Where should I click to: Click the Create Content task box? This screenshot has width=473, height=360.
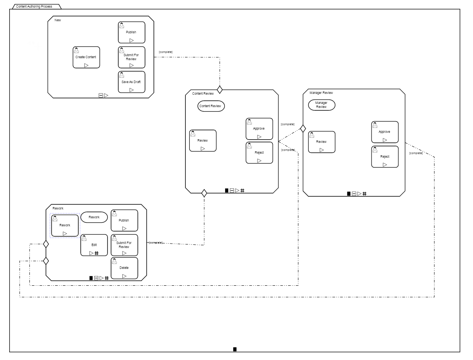click(86, 57)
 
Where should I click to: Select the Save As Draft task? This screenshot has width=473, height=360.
click(131, 82)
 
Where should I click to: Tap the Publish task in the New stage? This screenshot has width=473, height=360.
click(131, 33)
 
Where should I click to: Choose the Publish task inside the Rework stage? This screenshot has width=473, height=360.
click(124, 220)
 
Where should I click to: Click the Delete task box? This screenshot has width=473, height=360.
click(124, 268)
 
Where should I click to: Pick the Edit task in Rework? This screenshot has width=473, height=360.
click(94, 245)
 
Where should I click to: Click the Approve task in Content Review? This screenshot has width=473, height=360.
click(259, 129)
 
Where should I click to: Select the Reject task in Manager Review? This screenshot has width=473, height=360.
click(385, 157)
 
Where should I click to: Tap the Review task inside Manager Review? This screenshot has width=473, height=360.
click(321, 142)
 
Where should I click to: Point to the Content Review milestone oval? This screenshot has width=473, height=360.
click(211, 106)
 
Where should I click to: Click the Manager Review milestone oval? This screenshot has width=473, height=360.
click(321, 105)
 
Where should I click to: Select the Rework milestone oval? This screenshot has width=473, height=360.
click(94, 217)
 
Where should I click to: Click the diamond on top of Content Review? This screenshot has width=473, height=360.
click(219, 89)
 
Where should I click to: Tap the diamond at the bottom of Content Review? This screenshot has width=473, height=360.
click(204, 193)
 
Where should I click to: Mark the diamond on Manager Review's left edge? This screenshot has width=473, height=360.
click(303, 128)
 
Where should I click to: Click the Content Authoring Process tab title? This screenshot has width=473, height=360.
click(34, 6)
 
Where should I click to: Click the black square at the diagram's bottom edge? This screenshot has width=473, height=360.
click(235, 349)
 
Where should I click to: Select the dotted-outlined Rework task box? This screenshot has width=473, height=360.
click(65, 226)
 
